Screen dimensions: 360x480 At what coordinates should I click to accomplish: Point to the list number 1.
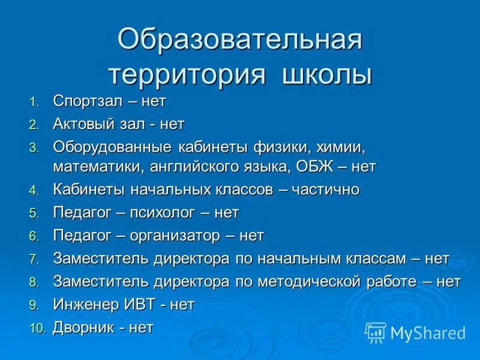(x=34, y=101)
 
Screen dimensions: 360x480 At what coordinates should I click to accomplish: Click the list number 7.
(x=34, y=259)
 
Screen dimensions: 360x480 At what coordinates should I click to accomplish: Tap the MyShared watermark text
(x=428, y=332)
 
